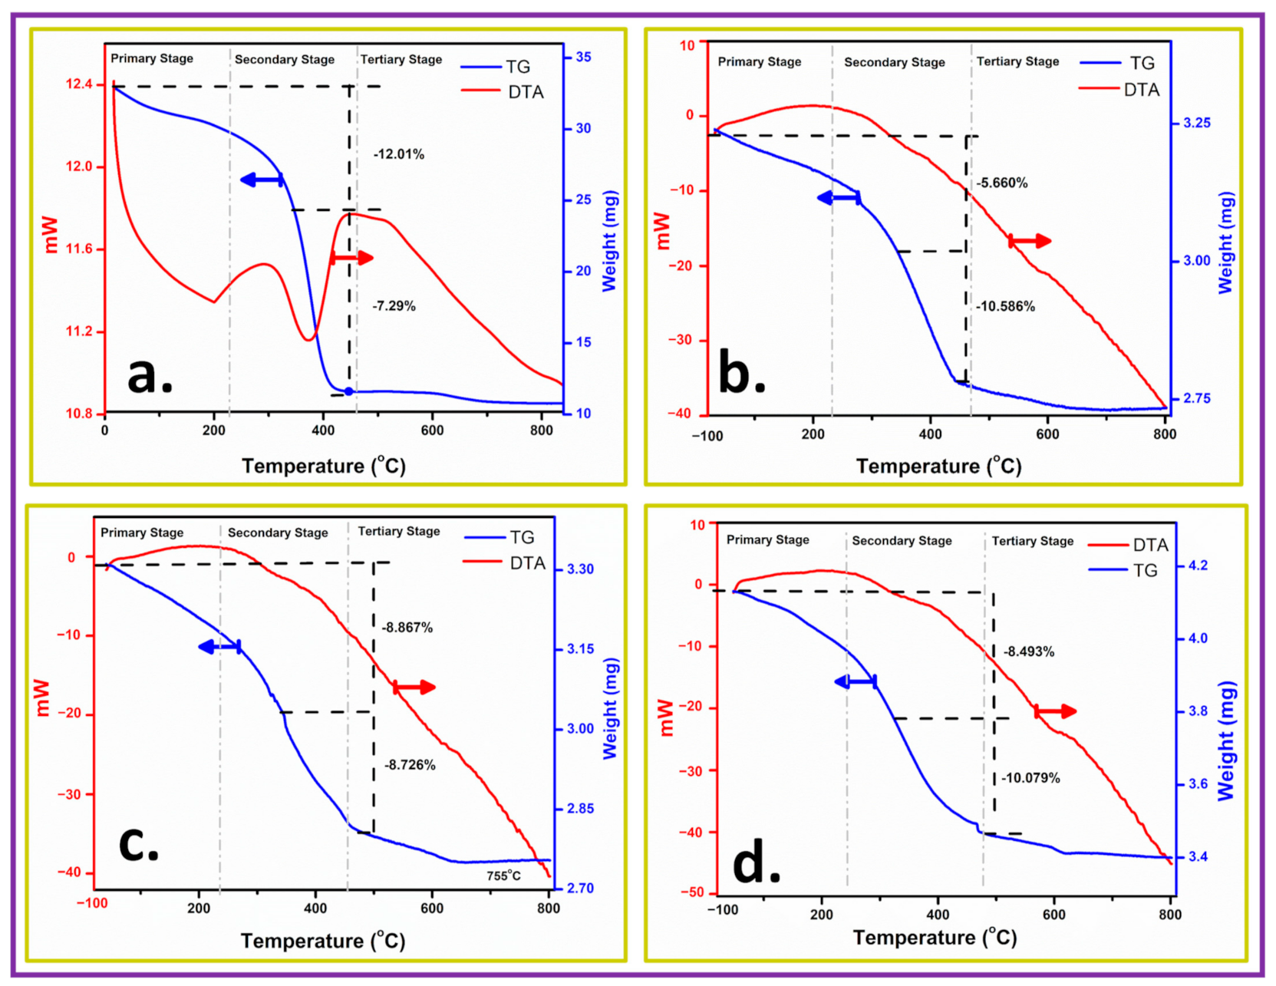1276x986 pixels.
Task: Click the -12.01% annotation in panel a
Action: click(398, 154)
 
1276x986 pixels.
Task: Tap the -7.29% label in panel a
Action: click(394, 306)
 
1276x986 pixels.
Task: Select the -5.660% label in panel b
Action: click(1001, 183)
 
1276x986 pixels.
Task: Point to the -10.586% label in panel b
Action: click(1005, 306)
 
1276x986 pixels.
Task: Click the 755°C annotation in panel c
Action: click(503, 876)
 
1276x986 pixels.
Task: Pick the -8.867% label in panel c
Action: click(407, 627)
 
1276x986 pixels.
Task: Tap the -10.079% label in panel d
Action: click(1031, 778)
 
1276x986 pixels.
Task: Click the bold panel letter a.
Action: click(150, 376)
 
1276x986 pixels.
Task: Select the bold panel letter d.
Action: click(756, 864)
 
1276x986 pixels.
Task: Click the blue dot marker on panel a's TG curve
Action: click(348, 391)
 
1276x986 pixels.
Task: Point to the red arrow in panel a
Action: click(351, 258)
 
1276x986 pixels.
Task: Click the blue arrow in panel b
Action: click(839, 198)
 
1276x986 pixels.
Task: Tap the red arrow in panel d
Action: click(1055, 711)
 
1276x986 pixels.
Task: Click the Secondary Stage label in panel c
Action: click(277, 533)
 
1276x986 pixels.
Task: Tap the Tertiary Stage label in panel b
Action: click(1017, 61)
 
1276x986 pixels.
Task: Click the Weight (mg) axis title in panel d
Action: click(1226, 740)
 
